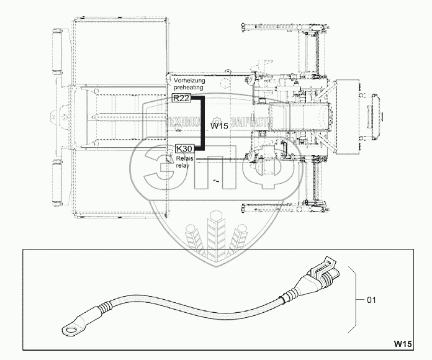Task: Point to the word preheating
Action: (189, 89)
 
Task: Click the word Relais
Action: (184, 158)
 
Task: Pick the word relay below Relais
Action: (182, 166)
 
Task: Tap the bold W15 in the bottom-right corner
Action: (403, 343)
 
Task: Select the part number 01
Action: (372, 300)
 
